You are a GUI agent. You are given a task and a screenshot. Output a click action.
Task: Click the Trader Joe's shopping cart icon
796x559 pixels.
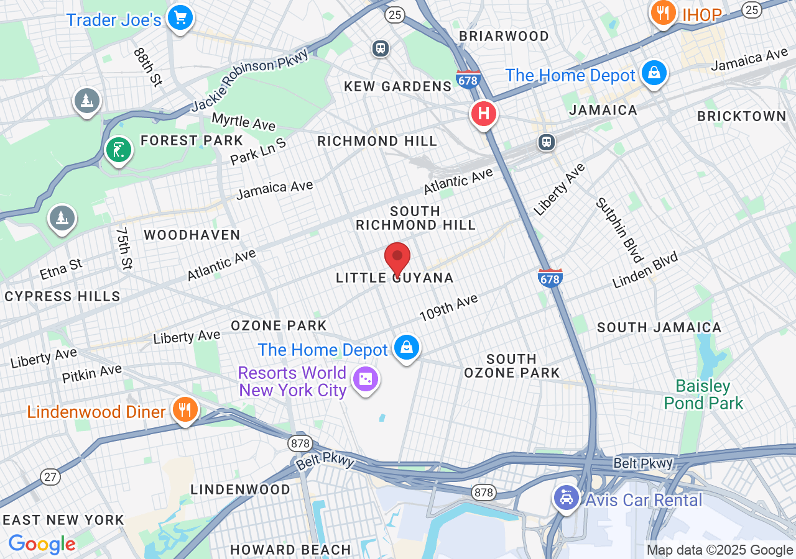pyautogui.click(x=180, y=17)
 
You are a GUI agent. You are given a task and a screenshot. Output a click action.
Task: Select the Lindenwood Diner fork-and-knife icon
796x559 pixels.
pyautogui.click(x=185, y=410)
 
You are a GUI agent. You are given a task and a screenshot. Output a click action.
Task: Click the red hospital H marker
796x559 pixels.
pyautogui.click(x=483, y=114)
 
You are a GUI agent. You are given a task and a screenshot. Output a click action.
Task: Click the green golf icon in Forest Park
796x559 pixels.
pyautogui.click(x=118, y=149)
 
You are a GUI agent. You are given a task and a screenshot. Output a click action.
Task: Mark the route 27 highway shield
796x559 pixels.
pyautogui.click(x=50, y=476)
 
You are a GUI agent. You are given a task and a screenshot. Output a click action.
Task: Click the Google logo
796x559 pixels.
pyautogui.click(x=42, y=544)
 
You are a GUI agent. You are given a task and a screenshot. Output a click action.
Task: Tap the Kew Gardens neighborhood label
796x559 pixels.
pyautogui.click(x=398, y=86)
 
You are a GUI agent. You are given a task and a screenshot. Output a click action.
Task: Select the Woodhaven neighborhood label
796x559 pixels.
pyautogui.click(x=192, y=235)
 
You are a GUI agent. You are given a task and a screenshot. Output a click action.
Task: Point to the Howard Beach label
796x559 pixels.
pyautogui.click(x=290, y=550)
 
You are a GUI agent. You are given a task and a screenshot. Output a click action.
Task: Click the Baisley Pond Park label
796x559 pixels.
pyautogui.click(x=703, y=395)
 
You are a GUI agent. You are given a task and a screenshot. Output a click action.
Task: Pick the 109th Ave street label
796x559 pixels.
pyautogui.click(x=448, y=308)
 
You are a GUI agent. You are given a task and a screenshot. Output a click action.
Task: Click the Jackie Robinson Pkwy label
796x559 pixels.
pyautogui.click(x=250, y=81)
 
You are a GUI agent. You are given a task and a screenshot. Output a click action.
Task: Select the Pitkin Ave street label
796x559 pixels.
pyautogui.click(x=91, y=374)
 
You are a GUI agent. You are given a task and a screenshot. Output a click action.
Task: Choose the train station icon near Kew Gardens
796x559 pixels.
pyautogui.click(x=381, y=48)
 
